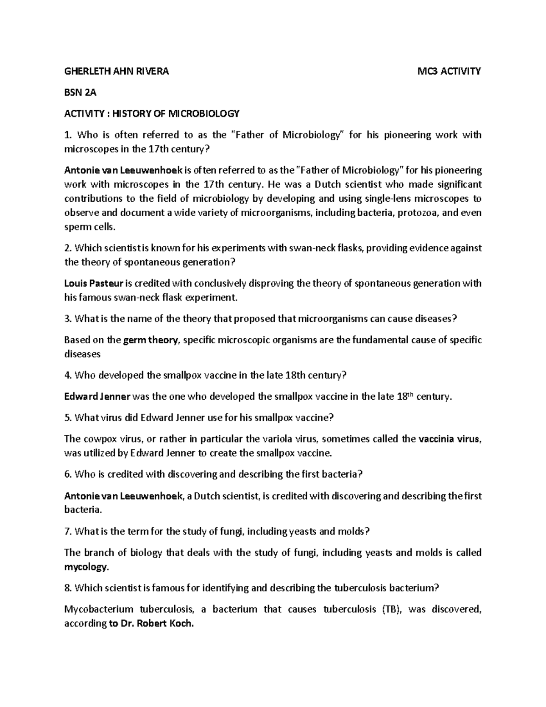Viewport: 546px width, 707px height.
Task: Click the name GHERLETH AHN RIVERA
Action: [116, 71]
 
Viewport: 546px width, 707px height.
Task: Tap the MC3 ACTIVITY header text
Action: [450, 71]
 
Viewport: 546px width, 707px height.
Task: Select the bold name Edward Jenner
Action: [97, 397]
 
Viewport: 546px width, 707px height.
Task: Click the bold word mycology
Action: [86, 567]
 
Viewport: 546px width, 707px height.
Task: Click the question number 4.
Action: [67, 376]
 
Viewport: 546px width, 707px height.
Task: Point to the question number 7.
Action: [67, 531]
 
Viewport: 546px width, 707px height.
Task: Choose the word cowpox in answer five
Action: [96, 439]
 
